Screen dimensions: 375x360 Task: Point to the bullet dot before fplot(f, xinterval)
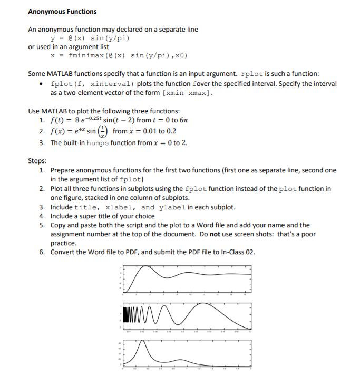pos(41,84)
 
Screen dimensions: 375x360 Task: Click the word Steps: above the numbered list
pos(37,161)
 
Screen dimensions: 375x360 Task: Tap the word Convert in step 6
pos(63,252)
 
